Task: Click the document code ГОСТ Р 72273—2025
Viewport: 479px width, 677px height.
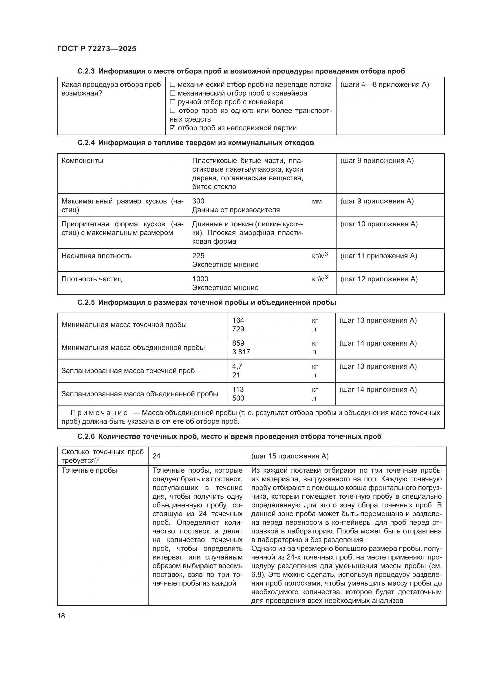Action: pos(96,49)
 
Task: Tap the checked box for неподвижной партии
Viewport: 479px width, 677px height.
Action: pos(173,128)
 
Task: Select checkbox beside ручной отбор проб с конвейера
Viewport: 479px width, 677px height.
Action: pos(173,102)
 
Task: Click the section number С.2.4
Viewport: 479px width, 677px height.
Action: pos(86,143)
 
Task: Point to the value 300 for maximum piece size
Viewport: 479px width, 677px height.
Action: pos(198,201)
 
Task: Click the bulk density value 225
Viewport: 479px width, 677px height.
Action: pos(198,256)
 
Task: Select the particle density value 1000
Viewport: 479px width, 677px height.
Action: pos(200,279)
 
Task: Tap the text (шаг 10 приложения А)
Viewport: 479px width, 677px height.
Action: pos(379,224)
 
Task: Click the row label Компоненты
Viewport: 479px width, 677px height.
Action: pos(82,161)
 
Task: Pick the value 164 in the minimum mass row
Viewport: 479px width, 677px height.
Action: pos(238,320)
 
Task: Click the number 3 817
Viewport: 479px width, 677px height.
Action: pos(241,352)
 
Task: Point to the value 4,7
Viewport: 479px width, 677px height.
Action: pos(237,366)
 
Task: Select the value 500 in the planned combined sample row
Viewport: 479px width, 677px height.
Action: pos(238,398)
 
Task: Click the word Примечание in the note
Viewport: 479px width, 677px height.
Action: pos(99,413)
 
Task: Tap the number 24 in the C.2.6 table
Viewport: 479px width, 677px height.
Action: pos(156,456)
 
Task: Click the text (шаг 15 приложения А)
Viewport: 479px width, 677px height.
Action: pos(290,456)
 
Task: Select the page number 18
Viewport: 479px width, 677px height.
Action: pos(61,616)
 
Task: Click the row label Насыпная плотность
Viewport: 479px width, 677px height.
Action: pos(96,256)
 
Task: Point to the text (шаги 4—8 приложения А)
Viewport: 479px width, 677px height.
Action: pos(385,85)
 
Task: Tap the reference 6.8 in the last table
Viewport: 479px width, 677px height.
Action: pos(256,575)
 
